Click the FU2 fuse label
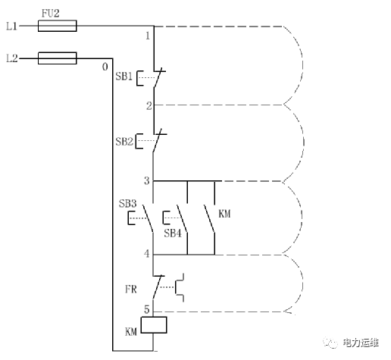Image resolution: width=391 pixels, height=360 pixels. (50, 13)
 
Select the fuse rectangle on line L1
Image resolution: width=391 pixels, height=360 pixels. (57, 26)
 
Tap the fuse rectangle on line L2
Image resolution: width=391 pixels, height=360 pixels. (57, 58)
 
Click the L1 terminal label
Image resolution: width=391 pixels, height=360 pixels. (12, 26)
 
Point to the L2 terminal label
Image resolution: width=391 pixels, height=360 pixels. (12, 58)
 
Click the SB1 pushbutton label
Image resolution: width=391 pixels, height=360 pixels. (124, 76)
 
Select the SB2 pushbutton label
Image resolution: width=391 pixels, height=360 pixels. (124, 142)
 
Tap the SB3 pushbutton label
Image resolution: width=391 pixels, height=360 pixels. (127, 203)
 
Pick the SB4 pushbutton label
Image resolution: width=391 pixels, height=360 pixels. (173, 233)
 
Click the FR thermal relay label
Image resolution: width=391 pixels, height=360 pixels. (131, 289)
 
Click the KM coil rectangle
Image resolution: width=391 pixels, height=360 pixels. (154, 324)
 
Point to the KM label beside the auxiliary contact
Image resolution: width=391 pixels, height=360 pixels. (224, 214)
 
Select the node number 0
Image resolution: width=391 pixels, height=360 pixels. (105, 67)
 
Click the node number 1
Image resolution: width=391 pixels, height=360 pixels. (148, 36)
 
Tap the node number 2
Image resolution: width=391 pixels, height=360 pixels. (149, 105)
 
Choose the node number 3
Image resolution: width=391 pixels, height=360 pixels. (147, 180)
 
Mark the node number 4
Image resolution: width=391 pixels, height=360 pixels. (147, 253)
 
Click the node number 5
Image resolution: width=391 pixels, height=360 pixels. (147, 309)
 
